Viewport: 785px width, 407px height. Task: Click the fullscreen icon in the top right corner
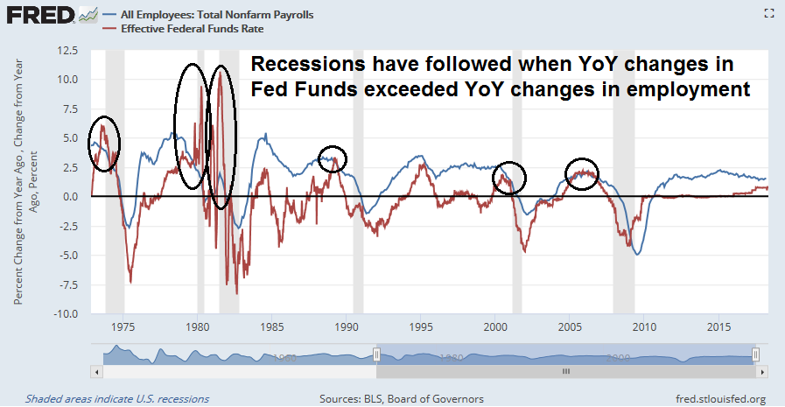[x=769, y=12]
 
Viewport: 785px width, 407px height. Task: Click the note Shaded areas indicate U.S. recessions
[x=117, y=398]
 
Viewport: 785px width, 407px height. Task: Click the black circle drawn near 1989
[x=333, y=158]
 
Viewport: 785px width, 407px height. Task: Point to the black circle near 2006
[x=582, y=172]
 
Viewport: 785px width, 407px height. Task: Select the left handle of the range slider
[x=376, y=354]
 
